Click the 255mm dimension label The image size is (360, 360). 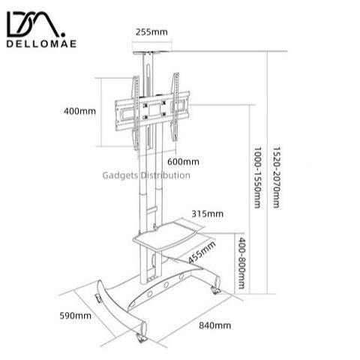click(x=151, y=32)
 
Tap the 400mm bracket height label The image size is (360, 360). click(x=79, y=111)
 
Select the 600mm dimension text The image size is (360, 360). click(x=183, y=162)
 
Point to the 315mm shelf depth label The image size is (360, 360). click(x=208, y=214)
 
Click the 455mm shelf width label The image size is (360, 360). click(x=202, y=252)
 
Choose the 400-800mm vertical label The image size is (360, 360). click(x=241, y=263)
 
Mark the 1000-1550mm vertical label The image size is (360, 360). click(x=257, y=178)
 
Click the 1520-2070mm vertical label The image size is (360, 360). click(x=276, y=178)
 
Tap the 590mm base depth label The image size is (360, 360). click(x=75, y=316)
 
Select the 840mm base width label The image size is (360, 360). click(x=215, y=325)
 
